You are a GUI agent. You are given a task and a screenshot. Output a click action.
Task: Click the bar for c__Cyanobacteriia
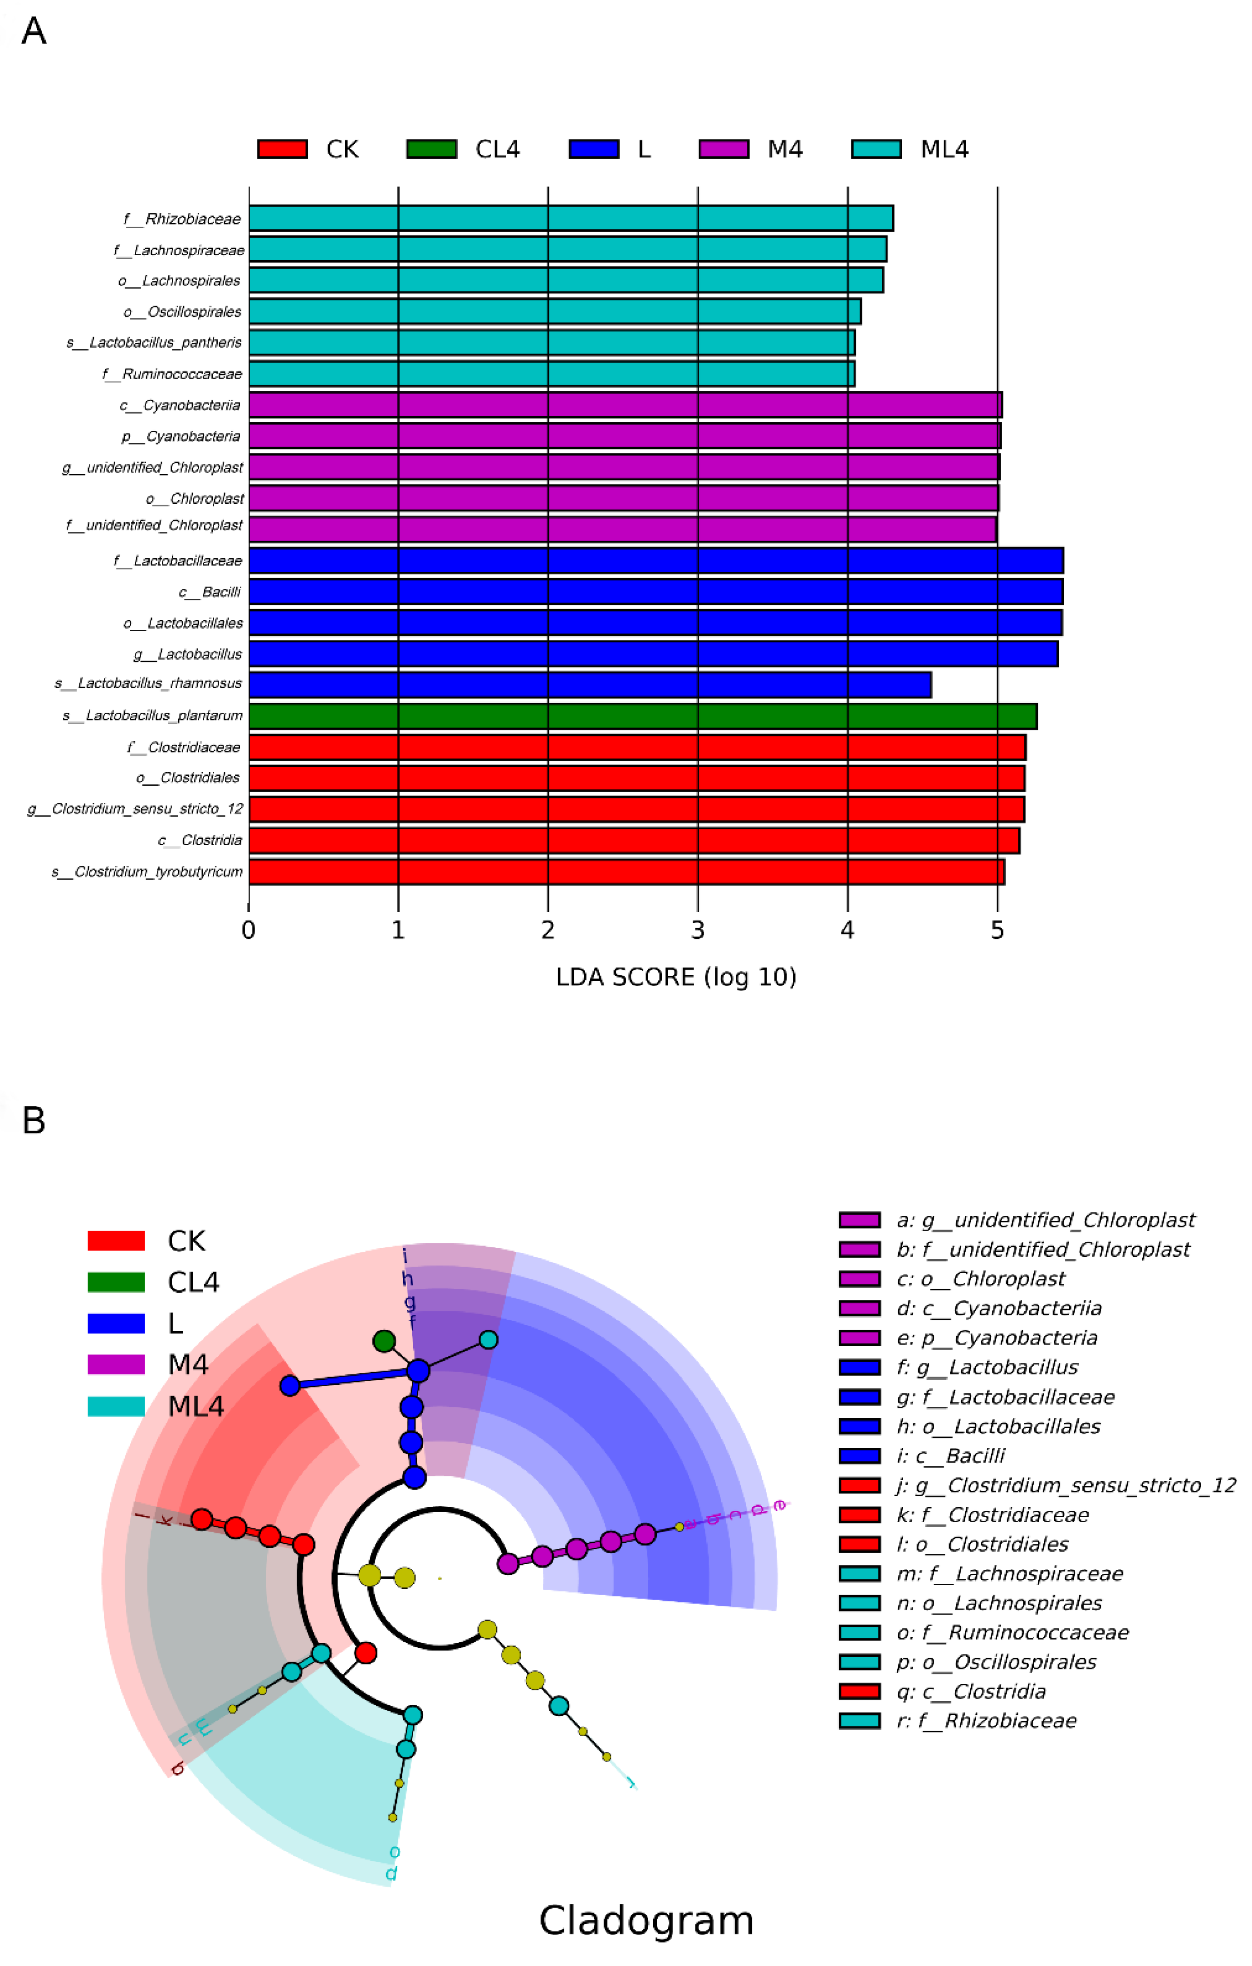pos(625,405)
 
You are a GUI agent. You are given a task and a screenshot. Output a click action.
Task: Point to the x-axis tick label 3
pos(698,930)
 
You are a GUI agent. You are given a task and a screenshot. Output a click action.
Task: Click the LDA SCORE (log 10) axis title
pos(675,977)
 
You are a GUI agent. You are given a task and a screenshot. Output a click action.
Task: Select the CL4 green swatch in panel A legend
pos(431,150)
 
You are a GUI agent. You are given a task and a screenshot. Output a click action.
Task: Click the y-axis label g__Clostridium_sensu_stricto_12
pos(136,809)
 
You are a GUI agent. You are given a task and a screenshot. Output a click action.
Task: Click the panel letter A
pos(34,32)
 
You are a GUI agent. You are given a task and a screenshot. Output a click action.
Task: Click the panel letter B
pos(34,1121)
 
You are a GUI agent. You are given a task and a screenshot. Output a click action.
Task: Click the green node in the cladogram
pos(384,1341)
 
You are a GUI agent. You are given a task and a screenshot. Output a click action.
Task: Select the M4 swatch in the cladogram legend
pos(116,1364)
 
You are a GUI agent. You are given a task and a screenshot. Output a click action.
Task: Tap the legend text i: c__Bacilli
pos(951,1456)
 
